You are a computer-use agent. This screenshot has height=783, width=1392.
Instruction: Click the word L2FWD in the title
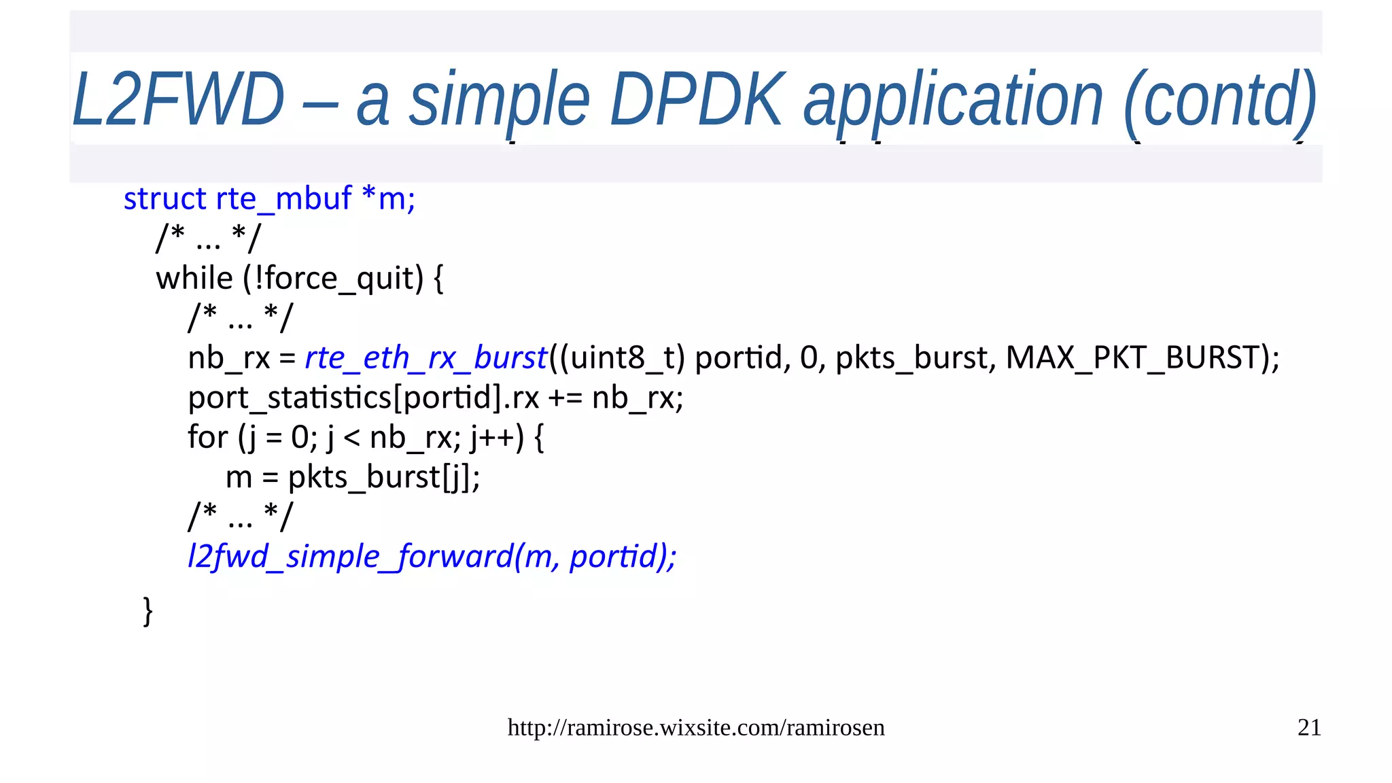pyautogui.click(x=178, y=100)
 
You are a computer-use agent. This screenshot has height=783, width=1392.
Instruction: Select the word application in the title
pyautogui.click(x=953, y=100)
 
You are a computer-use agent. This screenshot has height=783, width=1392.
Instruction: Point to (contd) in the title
pyautogui.click(x=1220, y=100)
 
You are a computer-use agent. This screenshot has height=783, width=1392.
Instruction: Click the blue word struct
pyautogui.click(x=164, y=199)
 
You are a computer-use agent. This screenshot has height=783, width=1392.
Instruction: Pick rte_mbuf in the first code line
pyautogui.click(x=283, y=199)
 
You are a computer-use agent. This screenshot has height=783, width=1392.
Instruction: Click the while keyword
pyautogui.click(x=194, y=279)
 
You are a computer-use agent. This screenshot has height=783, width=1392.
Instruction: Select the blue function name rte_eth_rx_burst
pyautogui.click(x=425, y=358)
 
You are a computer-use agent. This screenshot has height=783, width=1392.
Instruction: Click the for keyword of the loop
pyautogui.click(x=207, y=438)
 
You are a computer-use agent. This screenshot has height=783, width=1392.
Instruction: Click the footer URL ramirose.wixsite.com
pyautogui.click(x=696, y=728)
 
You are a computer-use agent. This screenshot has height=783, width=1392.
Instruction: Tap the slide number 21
pyautogui.click(x=1309, y=728)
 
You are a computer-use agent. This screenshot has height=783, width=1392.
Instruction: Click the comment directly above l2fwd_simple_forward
pyautogui.click(x=240, y=517)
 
